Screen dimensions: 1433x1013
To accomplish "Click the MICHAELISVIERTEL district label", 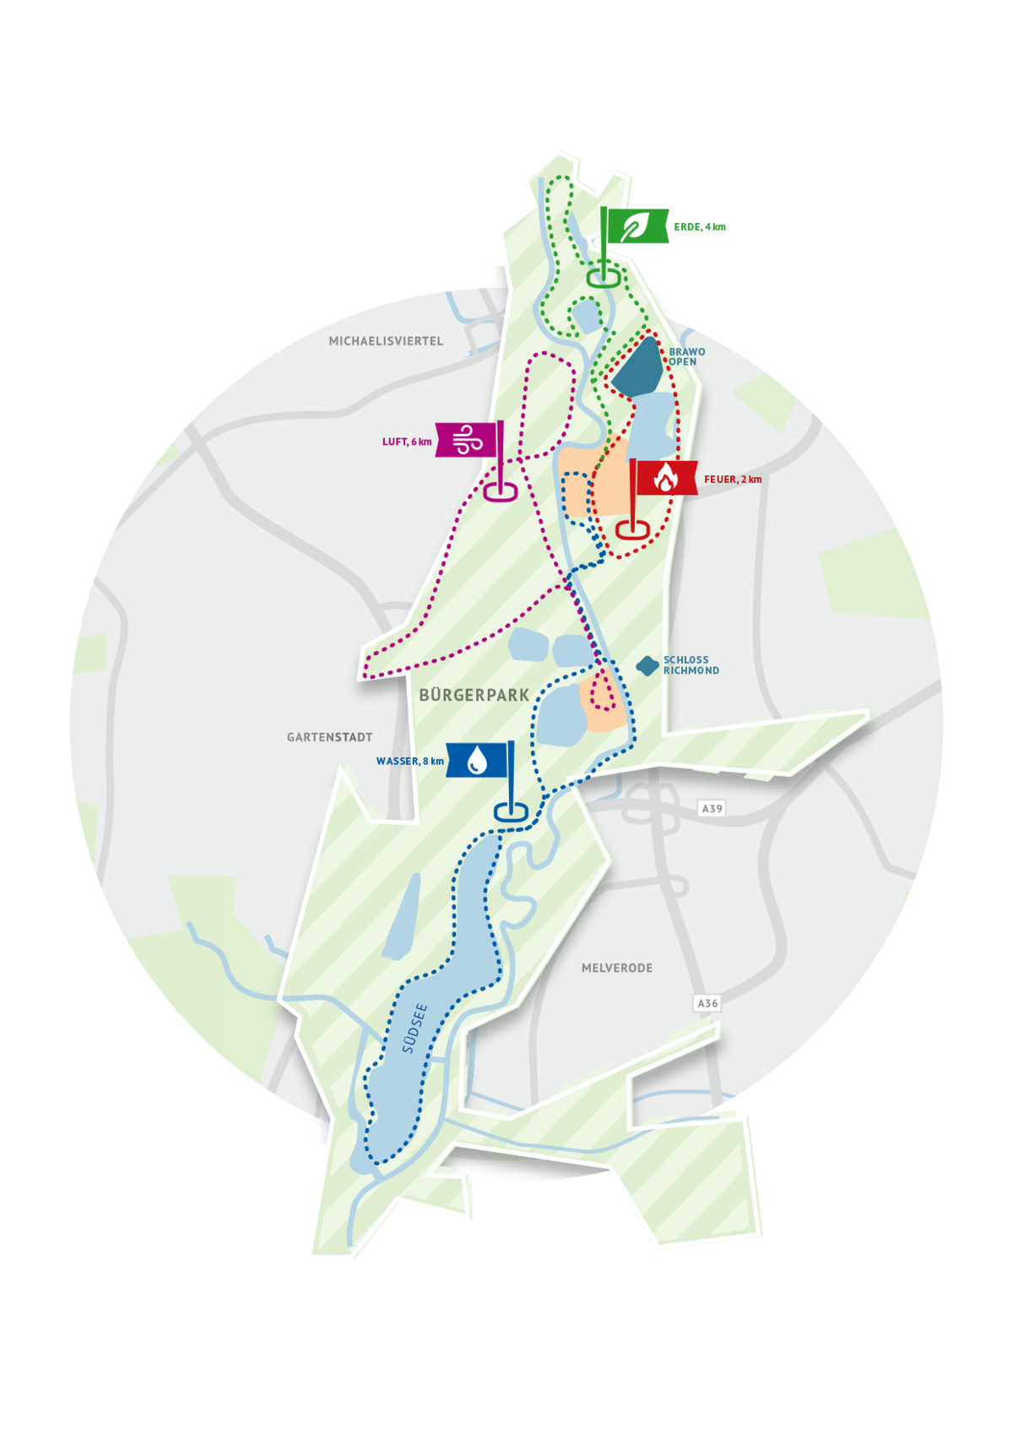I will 386,341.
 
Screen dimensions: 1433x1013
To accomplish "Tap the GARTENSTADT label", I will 329,737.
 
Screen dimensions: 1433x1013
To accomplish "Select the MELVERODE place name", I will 617,968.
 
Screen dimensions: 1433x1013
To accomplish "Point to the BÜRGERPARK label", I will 474,695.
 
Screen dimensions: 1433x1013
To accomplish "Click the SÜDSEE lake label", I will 414,1029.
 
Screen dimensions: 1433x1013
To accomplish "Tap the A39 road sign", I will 712,808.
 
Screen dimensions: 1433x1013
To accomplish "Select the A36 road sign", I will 707,1003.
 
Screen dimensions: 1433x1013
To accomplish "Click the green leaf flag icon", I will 635,226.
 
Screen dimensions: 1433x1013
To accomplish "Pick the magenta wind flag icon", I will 467,439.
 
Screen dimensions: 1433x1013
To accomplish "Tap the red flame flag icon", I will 665,478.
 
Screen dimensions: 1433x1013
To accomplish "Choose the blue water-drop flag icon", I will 478,759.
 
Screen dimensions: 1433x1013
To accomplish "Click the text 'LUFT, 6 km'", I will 407,442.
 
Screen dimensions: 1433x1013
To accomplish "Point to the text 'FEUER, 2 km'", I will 733,480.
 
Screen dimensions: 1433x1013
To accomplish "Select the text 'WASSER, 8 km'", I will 410,761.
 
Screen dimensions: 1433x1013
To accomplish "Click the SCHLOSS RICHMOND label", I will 691,665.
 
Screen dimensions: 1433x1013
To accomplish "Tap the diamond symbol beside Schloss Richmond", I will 647,666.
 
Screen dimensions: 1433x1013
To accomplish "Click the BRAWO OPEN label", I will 686,356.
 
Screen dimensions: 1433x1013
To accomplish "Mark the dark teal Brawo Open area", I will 640,367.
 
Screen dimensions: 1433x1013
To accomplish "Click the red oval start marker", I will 632,529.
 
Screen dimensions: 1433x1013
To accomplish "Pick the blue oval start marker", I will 511,811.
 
